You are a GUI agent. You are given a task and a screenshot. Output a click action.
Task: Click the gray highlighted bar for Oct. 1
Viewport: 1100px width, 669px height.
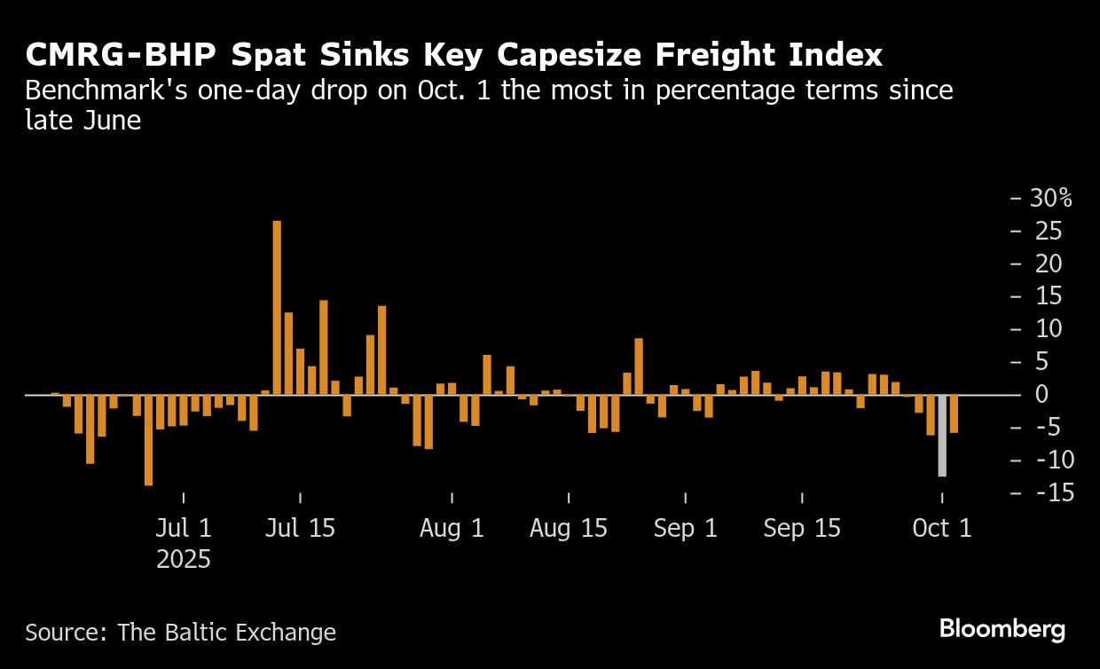pos(942,436)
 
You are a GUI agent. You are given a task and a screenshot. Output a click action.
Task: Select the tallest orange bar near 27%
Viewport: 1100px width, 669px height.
pos(277,307)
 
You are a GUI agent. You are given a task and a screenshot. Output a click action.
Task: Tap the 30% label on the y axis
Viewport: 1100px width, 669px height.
pos(1051,198)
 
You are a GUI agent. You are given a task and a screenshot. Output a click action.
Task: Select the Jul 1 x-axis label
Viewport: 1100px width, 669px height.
pos(184,529)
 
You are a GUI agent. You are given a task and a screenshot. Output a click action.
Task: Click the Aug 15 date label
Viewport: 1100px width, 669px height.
pos(569,529)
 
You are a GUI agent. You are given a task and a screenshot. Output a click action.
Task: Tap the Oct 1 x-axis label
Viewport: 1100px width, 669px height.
pos(942,529)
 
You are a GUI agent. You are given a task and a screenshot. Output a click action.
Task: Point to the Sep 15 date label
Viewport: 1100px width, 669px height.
pos(802,529)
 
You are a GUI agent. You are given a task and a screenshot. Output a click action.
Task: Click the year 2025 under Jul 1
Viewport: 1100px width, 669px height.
pos(184,560)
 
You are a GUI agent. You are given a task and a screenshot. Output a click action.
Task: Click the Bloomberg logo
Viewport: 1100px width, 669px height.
pos(1002,629)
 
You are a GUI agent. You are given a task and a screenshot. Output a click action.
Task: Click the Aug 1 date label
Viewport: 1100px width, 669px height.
pos(452,529)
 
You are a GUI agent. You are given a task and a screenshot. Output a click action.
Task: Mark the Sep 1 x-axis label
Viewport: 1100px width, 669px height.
pos(685,529)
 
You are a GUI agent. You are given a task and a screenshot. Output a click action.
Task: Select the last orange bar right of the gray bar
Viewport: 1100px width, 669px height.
pos(954,413)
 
